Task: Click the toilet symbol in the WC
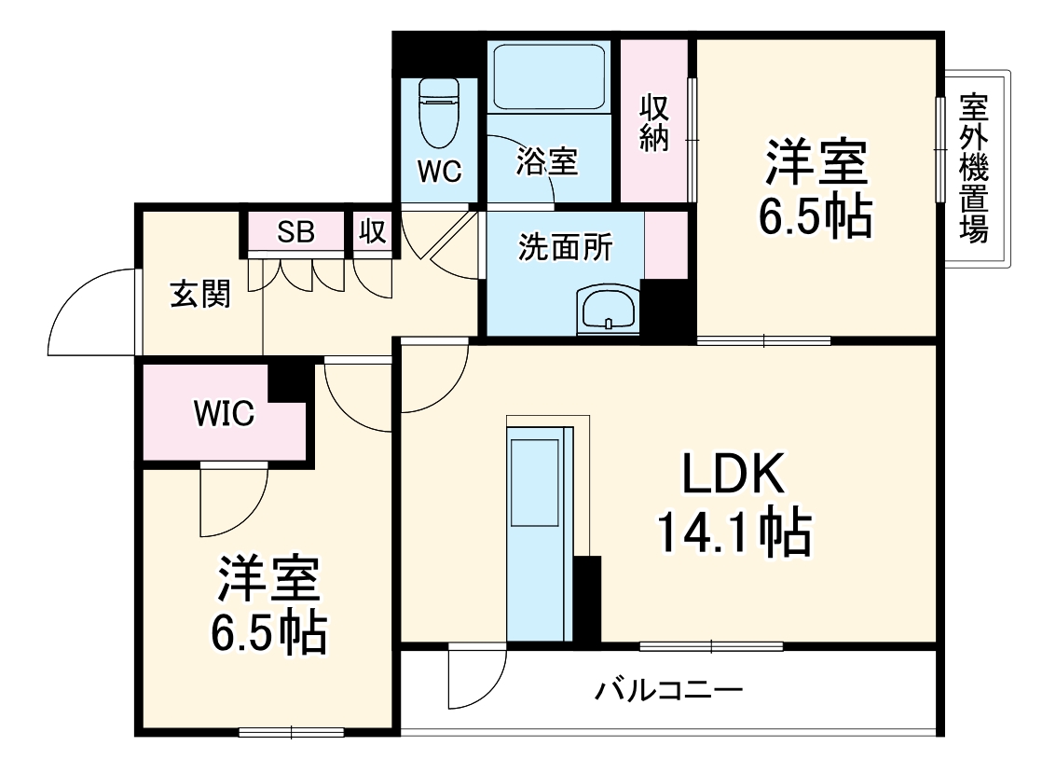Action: point(439,111)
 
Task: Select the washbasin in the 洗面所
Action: point(608,309)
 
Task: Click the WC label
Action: point(439,172)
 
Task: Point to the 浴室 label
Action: point(548,160)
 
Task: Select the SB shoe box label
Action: point(296,232)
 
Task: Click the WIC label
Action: point(224,414)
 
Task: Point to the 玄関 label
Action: point(199,295)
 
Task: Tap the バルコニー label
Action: point(668,691)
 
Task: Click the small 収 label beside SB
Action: point(373,232)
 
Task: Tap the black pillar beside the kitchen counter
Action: point(587,598)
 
